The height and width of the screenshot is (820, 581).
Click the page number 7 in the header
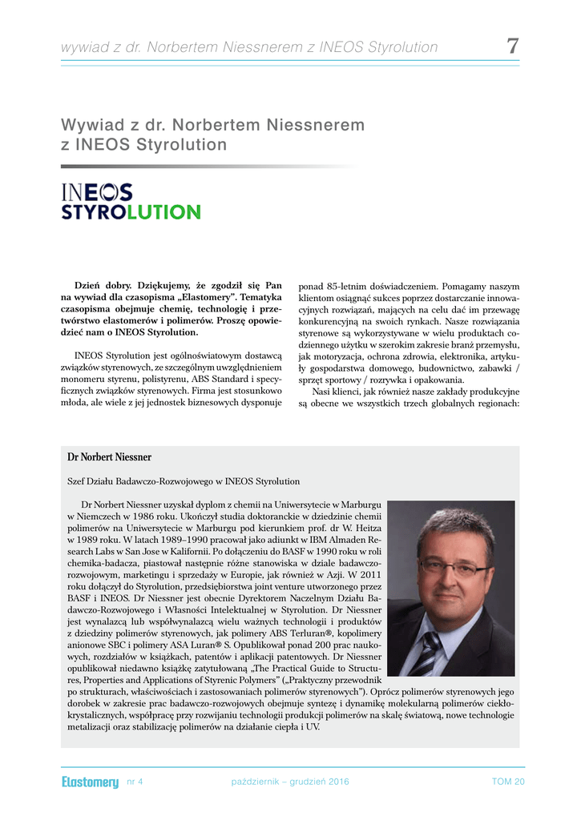512,46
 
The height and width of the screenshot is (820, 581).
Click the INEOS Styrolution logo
131,202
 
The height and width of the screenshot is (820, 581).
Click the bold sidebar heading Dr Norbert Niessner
110,457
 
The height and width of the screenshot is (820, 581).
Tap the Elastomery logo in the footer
90,782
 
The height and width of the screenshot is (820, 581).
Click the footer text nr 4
135,782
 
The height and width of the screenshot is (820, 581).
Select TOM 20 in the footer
508,782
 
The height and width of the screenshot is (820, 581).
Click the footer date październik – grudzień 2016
289,782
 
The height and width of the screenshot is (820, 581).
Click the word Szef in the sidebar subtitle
75,481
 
